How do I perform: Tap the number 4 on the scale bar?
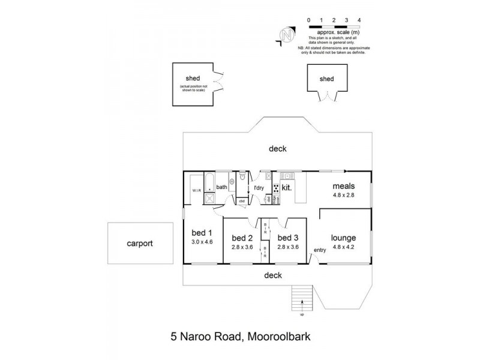(x=359, y=20)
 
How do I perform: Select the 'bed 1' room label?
(x=202, y=233)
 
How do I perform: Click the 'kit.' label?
(x=286, y=188)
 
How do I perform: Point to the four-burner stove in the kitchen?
(x=275, y=188)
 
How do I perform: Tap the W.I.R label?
(x=196, y=191)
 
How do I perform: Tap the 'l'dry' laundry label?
(x=259, y=188)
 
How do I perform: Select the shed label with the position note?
(x=193, y=79)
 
